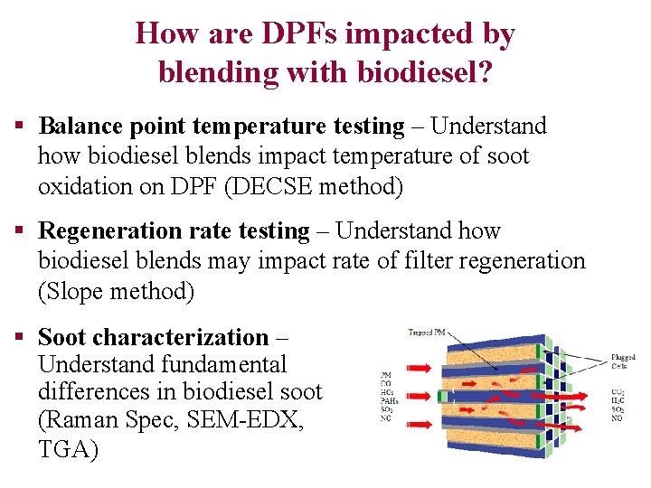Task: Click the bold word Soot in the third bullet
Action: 62,337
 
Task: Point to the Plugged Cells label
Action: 623,362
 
